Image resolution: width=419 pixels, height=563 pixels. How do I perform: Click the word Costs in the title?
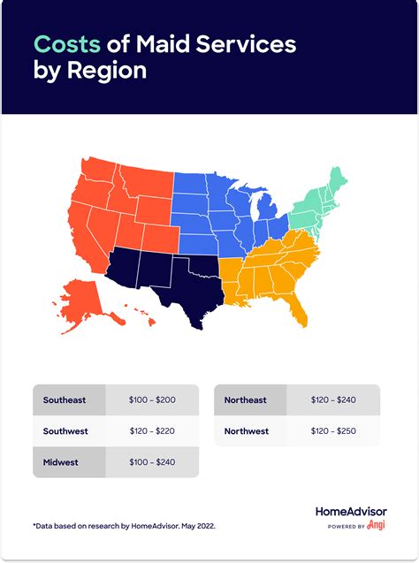pyautogui.click(x=66, y=44)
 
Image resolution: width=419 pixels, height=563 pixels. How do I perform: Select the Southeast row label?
pyautogui.click(x=65, y=400)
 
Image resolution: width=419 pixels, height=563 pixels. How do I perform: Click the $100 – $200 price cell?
pyautogui.click(x=152, y=400)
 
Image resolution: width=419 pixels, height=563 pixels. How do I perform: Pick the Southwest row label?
pyautogui.click(x=66, y=431)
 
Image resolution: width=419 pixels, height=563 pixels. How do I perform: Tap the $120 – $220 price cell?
pyautogui.click(x=152, y=431)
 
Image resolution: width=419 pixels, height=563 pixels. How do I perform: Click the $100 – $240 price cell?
pyautogui.click(x=152, y=462)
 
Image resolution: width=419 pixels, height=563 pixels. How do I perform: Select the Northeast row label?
pyautogui.click(x=246, y=400)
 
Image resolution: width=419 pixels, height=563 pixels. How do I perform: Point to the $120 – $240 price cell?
pyautogui.click(x=333, y=400)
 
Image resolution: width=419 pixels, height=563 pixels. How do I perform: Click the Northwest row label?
pyautogui.click(x=247, y=431)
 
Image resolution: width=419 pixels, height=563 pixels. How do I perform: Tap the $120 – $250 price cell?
pyautogui.click(x=333, y=431)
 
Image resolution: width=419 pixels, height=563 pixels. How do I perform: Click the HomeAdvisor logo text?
pyautogui.click(x=351, y=512)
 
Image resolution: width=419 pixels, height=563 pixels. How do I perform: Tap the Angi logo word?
pyautogui.click(x=377, y=526)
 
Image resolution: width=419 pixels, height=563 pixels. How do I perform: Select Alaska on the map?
pyautogui.click(x=82, y=301)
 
